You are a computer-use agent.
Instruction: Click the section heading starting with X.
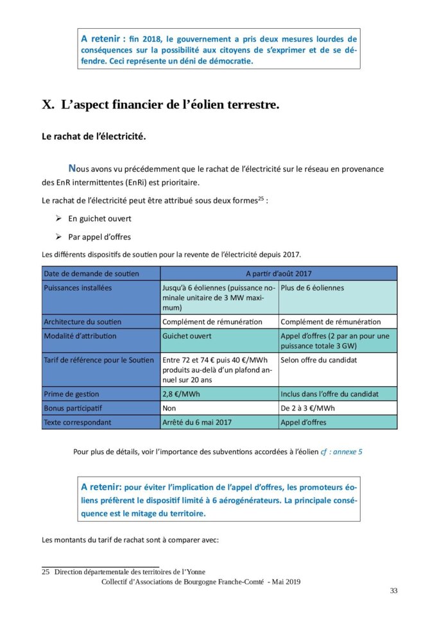[160, 105]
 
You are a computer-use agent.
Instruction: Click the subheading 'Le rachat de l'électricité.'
[94, 137]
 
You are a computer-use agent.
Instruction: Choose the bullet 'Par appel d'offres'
[99, 236]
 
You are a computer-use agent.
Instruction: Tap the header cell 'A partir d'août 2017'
[278, 274]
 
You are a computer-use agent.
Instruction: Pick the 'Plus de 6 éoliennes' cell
[312, 288]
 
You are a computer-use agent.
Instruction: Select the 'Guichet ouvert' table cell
[187, 336]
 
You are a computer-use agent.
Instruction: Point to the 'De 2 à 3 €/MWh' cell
[307, 408]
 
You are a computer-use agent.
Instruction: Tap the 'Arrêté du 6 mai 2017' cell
[197, 422]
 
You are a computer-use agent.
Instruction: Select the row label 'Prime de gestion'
[71, 394]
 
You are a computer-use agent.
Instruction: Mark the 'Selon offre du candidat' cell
[319, 360]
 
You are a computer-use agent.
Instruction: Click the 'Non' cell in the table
[169, 408]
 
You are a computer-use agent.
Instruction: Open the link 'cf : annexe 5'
[341, 452]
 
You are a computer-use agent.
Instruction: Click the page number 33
[393, 591]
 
